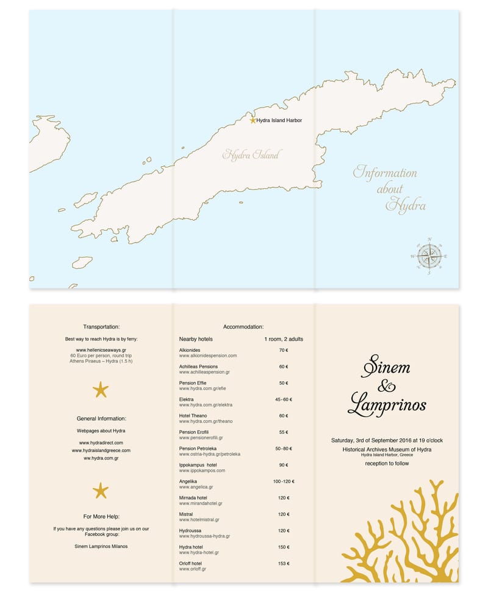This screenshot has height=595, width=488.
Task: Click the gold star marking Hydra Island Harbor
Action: click(253, 120)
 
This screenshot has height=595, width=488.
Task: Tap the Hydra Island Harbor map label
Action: click(279, 120)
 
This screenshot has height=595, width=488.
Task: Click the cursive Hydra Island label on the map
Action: click(251, 155)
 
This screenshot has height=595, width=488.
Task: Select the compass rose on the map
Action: click(430, 255)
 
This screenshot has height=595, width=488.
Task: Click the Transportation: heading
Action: click(101, 327)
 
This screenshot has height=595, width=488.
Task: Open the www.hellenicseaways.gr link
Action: click(101, 350)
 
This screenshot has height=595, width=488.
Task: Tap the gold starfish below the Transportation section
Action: click(101, 389)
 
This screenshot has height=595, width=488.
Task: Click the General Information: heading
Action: click(101, 418)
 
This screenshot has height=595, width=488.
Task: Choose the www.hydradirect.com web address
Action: click(101, 442)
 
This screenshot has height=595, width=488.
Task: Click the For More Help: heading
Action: click(101, 516)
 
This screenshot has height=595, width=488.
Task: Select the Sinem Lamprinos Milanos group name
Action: click(101, 546)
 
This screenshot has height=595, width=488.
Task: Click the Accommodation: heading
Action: click(243, 327)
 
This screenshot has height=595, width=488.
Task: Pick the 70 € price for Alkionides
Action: click(283, 351)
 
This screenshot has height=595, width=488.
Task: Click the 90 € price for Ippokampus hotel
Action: click(283, 465)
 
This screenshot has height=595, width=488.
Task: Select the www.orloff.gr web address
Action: click(193, 569)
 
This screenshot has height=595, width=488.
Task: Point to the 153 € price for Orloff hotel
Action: click(283, 563)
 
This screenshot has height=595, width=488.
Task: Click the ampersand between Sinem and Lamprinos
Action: click(387, 386)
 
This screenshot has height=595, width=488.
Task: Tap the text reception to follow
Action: click(387, 464)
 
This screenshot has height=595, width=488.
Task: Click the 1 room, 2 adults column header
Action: click(283, 338)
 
